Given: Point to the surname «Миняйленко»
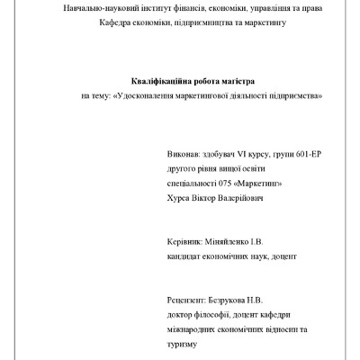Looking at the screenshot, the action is tap(238, 243).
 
